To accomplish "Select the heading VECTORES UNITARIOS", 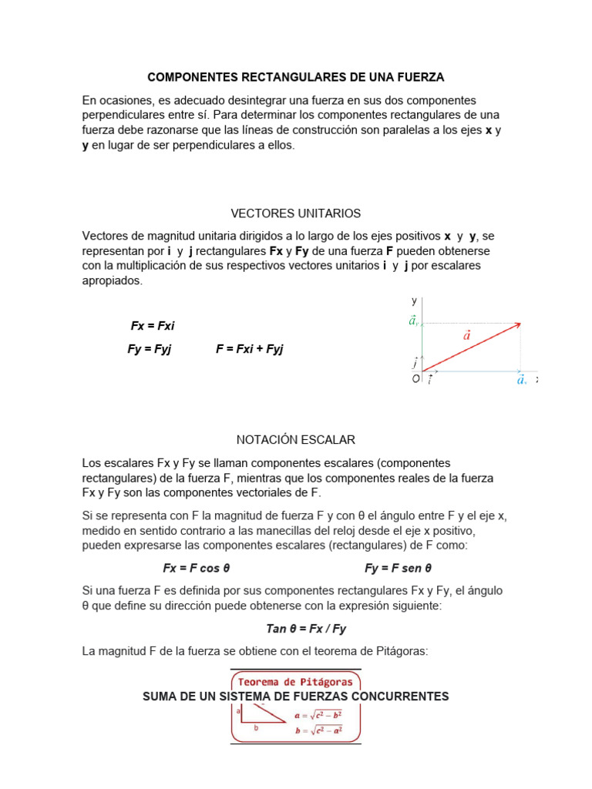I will point(296,213).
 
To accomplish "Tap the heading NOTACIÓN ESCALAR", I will point(296,439).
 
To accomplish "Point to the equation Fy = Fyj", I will point(150,349).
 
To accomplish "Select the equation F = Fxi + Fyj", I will point(250,349).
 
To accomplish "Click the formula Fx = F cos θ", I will point(197,568).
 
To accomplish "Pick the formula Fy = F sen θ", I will point(398,568).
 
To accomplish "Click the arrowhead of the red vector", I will point(518,324).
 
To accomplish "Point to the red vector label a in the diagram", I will point(467,334).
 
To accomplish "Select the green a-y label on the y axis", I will point(415,321).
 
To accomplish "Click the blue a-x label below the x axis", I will point(522,380).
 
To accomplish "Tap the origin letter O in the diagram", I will point(415,379).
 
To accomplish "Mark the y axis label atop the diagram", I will point(414,300).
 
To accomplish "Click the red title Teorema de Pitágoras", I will point(295,681).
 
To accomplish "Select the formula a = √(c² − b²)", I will point(318,715).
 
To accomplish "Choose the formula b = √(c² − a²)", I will point(318,730).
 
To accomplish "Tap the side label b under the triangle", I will point(256,727).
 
